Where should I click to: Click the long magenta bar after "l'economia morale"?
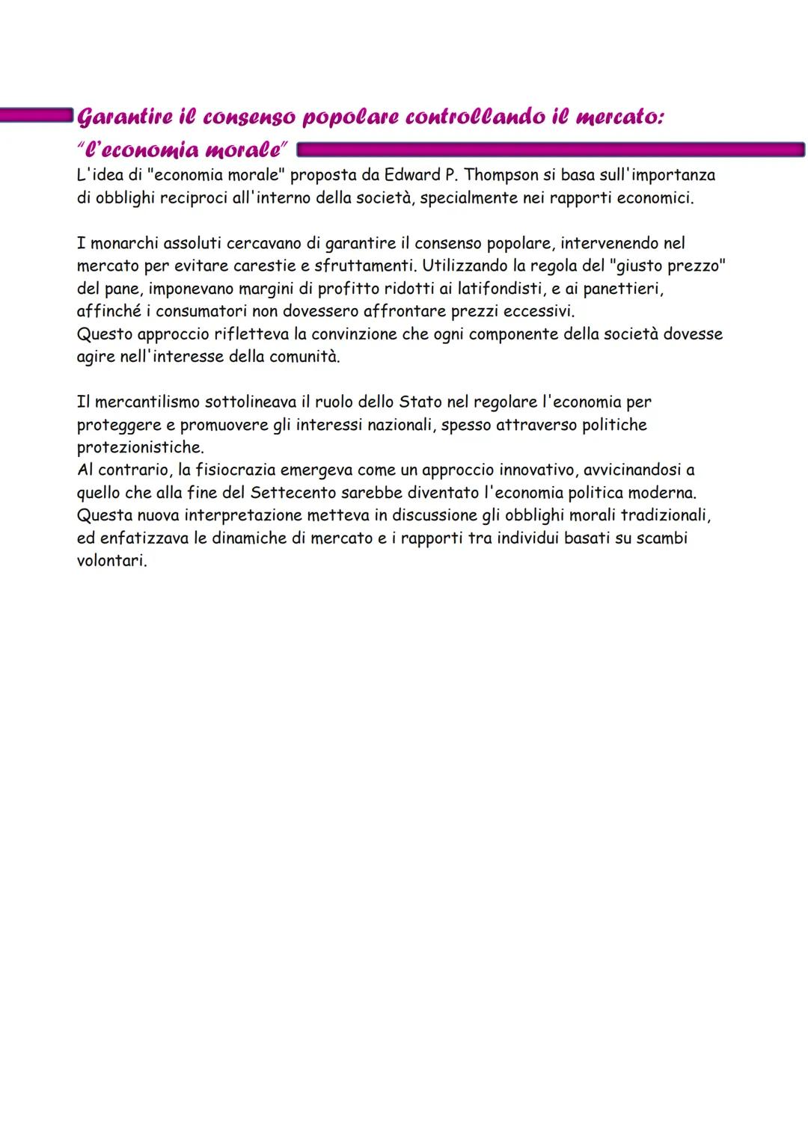click(x=550, y=150)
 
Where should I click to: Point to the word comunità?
click(x=304, y=357)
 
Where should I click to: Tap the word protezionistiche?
click(x=139, y=447)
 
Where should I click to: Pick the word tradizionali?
click(x=666, y=515)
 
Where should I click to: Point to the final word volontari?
click(x=111, y=561)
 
